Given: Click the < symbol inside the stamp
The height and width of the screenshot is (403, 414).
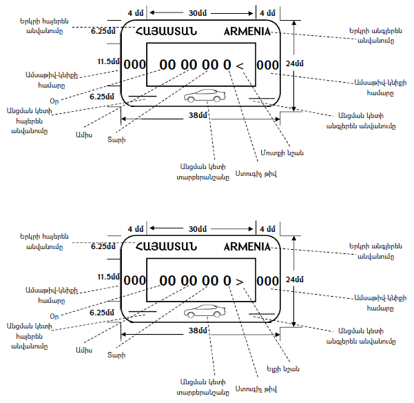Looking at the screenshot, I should click(240, 65).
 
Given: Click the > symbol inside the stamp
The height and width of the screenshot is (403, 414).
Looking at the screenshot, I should click(240, 282).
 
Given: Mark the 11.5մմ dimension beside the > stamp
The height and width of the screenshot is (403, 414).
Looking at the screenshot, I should click(109, 277).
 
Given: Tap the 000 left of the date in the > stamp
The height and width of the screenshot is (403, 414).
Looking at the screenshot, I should click(134, 282).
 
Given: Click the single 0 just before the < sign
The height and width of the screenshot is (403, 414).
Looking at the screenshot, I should click(227, 65).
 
